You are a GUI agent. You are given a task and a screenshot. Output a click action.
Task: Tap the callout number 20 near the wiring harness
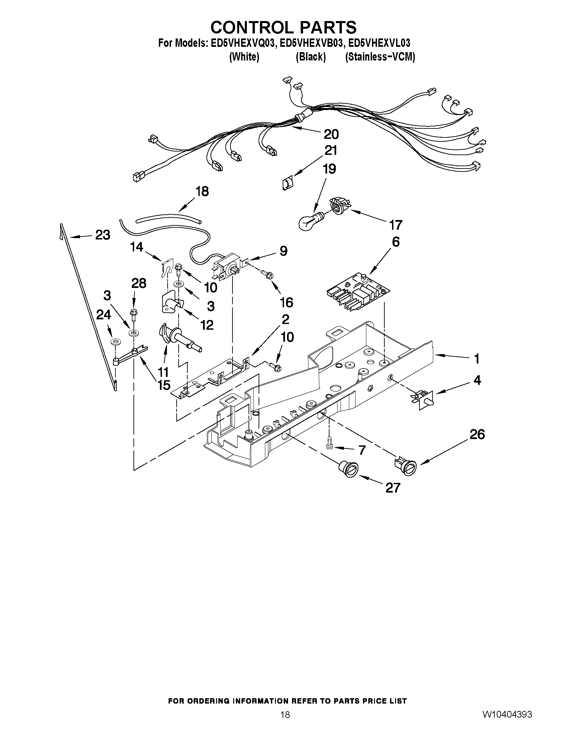click(331, 134)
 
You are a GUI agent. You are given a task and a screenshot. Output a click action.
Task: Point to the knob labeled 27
click(347, 468)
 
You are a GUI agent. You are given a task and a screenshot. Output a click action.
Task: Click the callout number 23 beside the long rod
click(102, 235)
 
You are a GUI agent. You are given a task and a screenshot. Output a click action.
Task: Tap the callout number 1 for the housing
click(476, 359)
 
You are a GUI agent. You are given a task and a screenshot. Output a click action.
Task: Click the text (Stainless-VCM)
click(380, 57)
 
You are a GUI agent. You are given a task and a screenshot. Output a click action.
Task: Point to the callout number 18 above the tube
click(202, 191)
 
